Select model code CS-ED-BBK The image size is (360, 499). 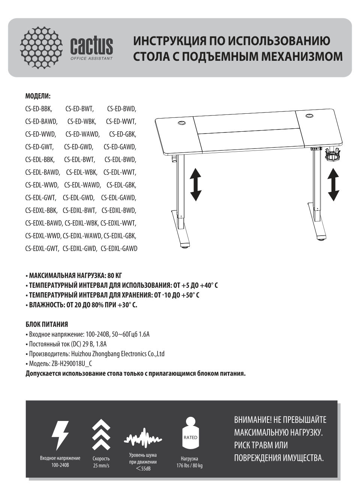(39, 109)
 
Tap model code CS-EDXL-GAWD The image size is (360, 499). (119, 248)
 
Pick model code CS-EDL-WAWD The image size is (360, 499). (82, 185)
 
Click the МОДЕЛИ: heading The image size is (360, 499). (37, 96)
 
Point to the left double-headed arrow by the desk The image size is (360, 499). (195, 184)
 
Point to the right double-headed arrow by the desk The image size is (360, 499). (333, 184)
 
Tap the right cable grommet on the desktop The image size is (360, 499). (310, 116)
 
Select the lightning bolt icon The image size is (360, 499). (60, 435)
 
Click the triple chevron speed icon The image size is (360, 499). (101, 435)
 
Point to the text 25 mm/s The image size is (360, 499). (101, 466)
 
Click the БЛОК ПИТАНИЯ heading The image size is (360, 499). (46, 324)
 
